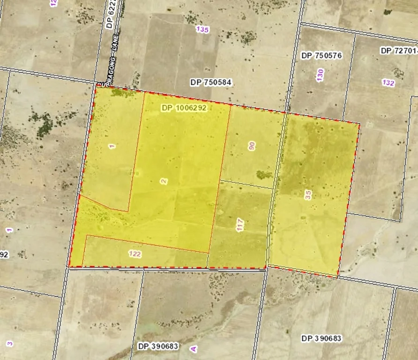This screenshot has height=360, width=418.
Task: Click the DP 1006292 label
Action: point(184,108)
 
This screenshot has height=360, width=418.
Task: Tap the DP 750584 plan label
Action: point(211,82)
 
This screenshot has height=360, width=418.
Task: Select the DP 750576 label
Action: point(321,56)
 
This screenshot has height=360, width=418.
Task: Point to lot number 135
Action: point(202,30)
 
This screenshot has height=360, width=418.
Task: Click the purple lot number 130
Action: point(320,75)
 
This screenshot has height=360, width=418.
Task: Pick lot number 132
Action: point(388,83)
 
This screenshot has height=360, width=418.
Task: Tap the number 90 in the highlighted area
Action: point(252,145)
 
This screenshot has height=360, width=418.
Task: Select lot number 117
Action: point(240,225)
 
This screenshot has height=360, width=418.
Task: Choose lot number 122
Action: point(135,254)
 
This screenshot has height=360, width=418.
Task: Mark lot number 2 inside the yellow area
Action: point(164,181)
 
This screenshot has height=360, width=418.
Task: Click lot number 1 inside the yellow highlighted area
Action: point(112,146)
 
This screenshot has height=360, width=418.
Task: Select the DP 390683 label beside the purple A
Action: point(158,346)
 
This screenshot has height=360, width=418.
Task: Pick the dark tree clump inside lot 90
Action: point(264,175)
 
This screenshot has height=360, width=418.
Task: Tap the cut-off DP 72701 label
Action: point(399,50)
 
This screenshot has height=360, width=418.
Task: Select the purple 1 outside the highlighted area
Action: point(9,230)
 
